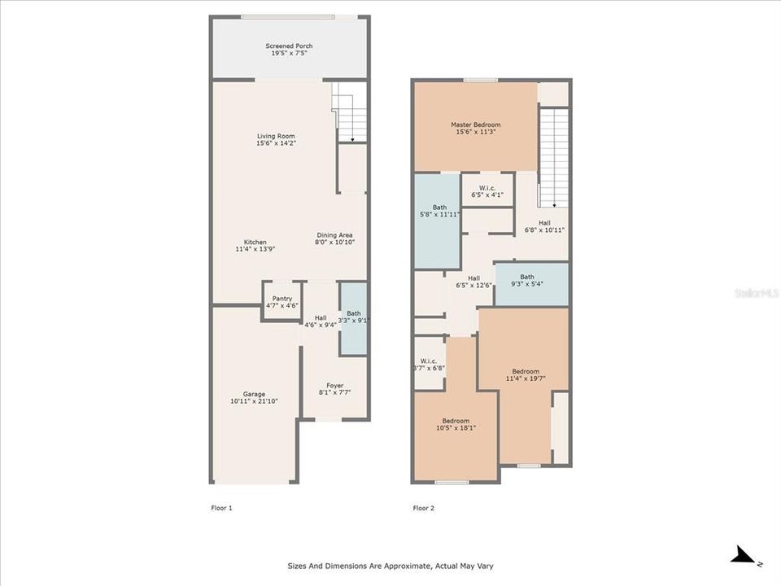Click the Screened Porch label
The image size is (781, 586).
tap(289, 46)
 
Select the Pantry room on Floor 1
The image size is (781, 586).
tap(282, 301)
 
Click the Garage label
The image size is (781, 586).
tap(254, 394)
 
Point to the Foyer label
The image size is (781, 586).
tap(335, 386)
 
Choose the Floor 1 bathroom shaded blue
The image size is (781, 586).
tap(353, 317)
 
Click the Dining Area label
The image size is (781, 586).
tap(334, 235)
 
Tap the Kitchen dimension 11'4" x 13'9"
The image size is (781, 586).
tap(255, 249)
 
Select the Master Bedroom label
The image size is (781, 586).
tap(476, 125)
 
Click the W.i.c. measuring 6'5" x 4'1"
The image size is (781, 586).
tap(487, 190)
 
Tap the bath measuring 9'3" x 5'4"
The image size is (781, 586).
tap(527, 281)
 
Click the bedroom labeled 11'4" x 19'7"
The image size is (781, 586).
tap(526, 374)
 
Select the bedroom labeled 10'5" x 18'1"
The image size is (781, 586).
tap(456, 424)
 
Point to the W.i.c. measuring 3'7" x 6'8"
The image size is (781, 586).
tap(429, 364)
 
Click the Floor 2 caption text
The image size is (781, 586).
tap(424, 508)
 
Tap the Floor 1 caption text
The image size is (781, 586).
tap(221, 508)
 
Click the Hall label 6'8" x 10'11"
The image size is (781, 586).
tap(545, 226)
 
